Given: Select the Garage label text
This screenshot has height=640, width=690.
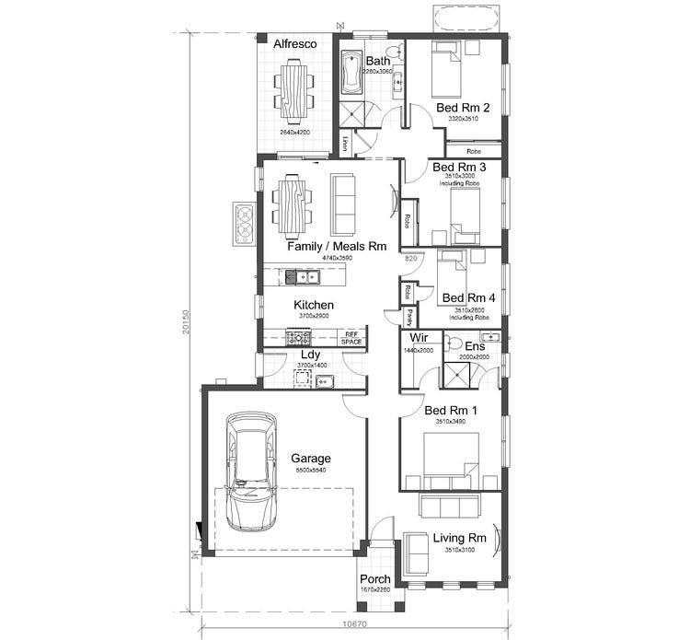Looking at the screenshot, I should tap(311, 458).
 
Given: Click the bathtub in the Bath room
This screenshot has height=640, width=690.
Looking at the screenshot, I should tap(351, 74).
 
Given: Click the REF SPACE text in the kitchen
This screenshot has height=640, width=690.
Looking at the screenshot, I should tap(351, 338).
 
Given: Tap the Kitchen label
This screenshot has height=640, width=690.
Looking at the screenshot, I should tap(314, 305).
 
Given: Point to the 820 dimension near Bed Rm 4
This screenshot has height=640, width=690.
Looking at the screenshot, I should tap(411, 261).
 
